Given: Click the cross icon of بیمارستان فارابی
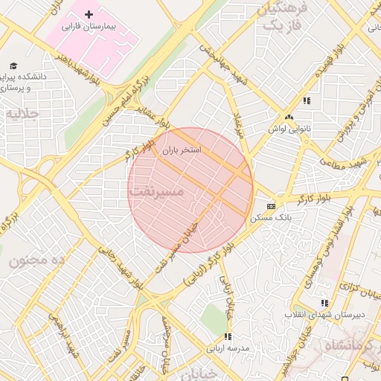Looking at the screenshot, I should tap(89, 15).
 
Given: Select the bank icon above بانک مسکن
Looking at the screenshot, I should tap(270, 206).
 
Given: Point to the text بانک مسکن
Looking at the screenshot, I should tap(272, 217).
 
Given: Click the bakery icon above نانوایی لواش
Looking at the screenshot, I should tap(289, 117).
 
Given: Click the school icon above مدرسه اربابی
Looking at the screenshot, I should tap(228, 337).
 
